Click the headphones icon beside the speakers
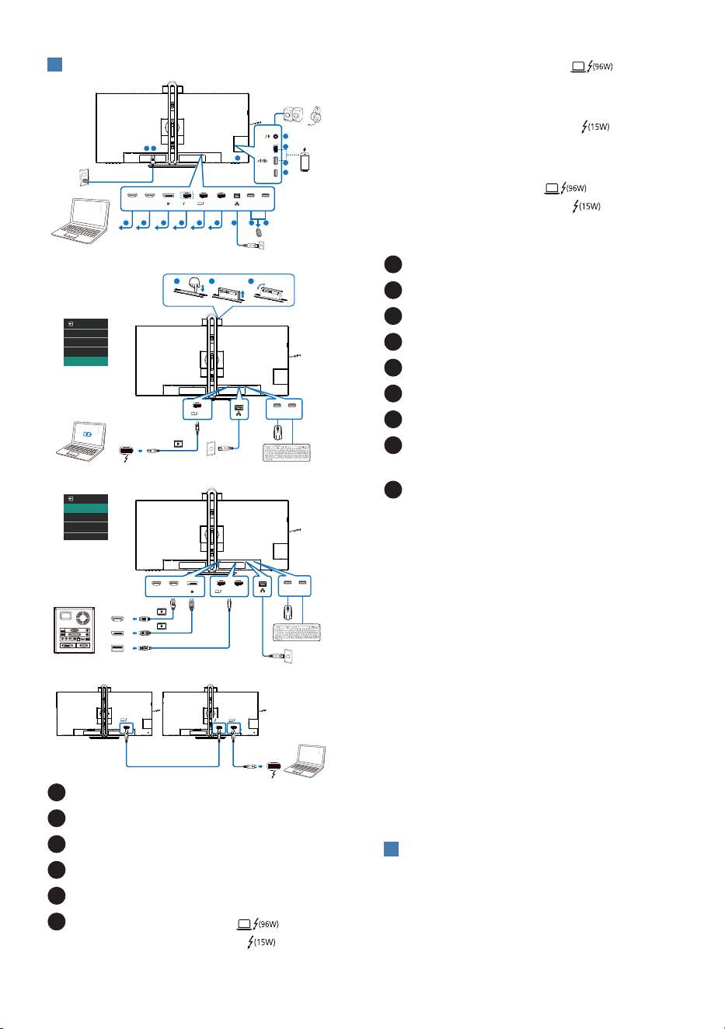point(315,115)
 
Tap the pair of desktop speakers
point(293,114)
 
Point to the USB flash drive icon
point(259,232)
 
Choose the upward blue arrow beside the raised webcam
point(243,294)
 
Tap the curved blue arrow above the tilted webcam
point(261,287)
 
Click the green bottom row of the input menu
point(86,361)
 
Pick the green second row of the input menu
point(86,508)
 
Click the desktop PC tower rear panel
point(75,630)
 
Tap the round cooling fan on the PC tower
point(83,617)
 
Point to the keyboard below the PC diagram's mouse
point(297,632)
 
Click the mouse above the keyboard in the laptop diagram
point(277,432)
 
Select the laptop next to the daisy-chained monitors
point(305,761)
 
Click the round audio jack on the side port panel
point(275,137)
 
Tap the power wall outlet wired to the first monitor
point(84,178)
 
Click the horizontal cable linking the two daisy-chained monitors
point(173,766)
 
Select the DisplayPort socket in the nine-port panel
point(168,196)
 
